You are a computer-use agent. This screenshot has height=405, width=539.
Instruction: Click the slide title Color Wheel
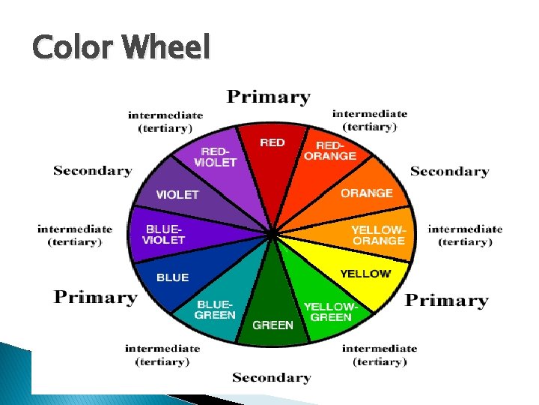point(121,49)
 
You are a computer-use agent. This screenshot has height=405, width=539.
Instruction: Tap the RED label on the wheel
point(272,142)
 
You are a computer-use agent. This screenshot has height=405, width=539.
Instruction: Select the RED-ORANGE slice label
point(329,151)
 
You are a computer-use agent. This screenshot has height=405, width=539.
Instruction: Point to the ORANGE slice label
point(367,193)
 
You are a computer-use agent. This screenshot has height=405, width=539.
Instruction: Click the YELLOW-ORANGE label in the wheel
point(378,235)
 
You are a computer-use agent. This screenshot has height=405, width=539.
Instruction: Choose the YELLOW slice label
point(365,274)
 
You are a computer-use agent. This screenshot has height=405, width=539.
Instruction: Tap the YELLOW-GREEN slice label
point(330,312)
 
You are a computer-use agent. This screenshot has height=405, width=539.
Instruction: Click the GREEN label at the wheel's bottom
point(272,325)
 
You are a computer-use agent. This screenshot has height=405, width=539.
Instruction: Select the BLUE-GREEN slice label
point(214,310)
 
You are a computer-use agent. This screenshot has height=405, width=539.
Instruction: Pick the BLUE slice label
point(172,277)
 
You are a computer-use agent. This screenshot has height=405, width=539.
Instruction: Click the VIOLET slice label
point(177,195)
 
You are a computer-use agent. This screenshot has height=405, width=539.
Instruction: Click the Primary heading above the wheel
point(269,97)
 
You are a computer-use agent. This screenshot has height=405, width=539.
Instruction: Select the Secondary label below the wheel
point(271,377)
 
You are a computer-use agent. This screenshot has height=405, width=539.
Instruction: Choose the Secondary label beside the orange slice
point(449,172)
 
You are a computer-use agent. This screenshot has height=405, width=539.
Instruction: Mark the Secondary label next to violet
point(93,171)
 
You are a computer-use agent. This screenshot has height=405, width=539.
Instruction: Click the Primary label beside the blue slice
point(96,298)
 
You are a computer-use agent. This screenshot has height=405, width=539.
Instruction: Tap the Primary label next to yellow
point(447,301)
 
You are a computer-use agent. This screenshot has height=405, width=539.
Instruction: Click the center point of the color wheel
point(272,235)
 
